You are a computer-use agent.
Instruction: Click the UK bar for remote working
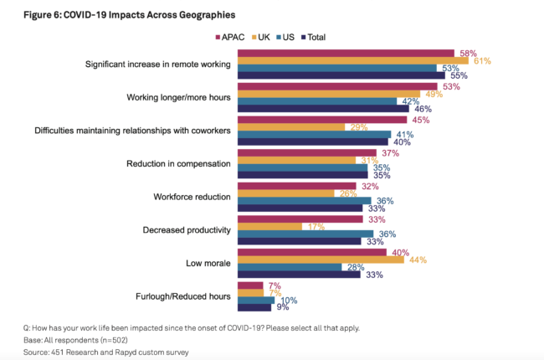click(351, 60)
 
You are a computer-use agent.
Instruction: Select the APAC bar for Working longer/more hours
click(339, 85)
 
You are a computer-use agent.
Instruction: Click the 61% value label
click(481, 60)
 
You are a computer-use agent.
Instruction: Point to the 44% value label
click(417, 260)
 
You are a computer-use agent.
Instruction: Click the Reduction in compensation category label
click(177, 163)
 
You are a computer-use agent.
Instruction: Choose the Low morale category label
click(207, 263)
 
